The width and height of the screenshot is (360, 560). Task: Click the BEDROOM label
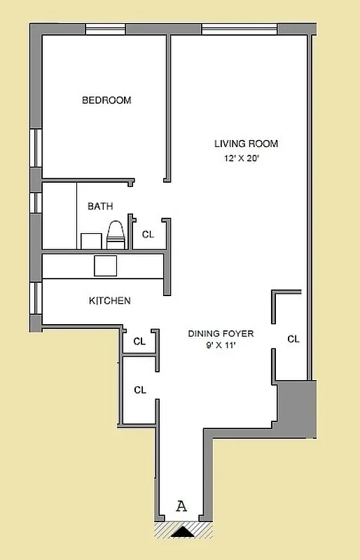click(106, 100)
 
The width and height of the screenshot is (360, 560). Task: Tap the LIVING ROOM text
click(246, 144)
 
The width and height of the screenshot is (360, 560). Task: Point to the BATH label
click(100, 206)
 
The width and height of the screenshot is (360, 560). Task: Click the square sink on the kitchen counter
click(106, 266)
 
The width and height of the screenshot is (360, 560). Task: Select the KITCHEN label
click(109, 301)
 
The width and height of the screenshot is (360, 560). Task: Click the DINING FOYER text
click(221, 334)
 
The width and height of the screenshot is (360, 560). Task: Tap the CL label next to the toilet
click(148, 235)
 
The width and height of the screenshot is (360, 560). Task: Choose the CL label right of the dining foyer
click(293, 339)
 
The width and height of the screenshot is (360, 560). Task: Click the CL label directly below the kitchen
click(139, 342)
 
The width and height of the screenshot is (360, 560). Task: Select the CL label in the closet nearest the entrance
click(139, 390)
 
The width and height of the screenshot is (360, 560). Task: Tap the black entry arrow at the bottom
click(182, 532)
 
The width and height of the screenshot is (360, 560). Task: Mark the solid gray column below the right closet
click(297, 408)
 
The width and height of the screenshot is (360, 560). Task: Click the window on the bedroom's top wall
click(105, 29)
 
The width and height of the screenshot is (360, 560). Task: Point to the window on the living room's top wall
click(240, 29)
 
